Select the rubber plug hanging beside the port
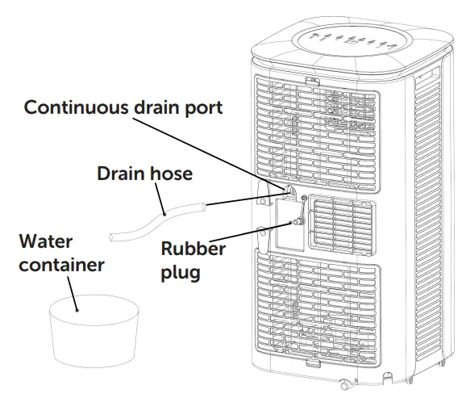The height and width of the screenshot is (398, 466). [297, 220]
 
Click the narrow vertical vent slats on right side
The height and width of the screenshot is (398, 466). [432, 202]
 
